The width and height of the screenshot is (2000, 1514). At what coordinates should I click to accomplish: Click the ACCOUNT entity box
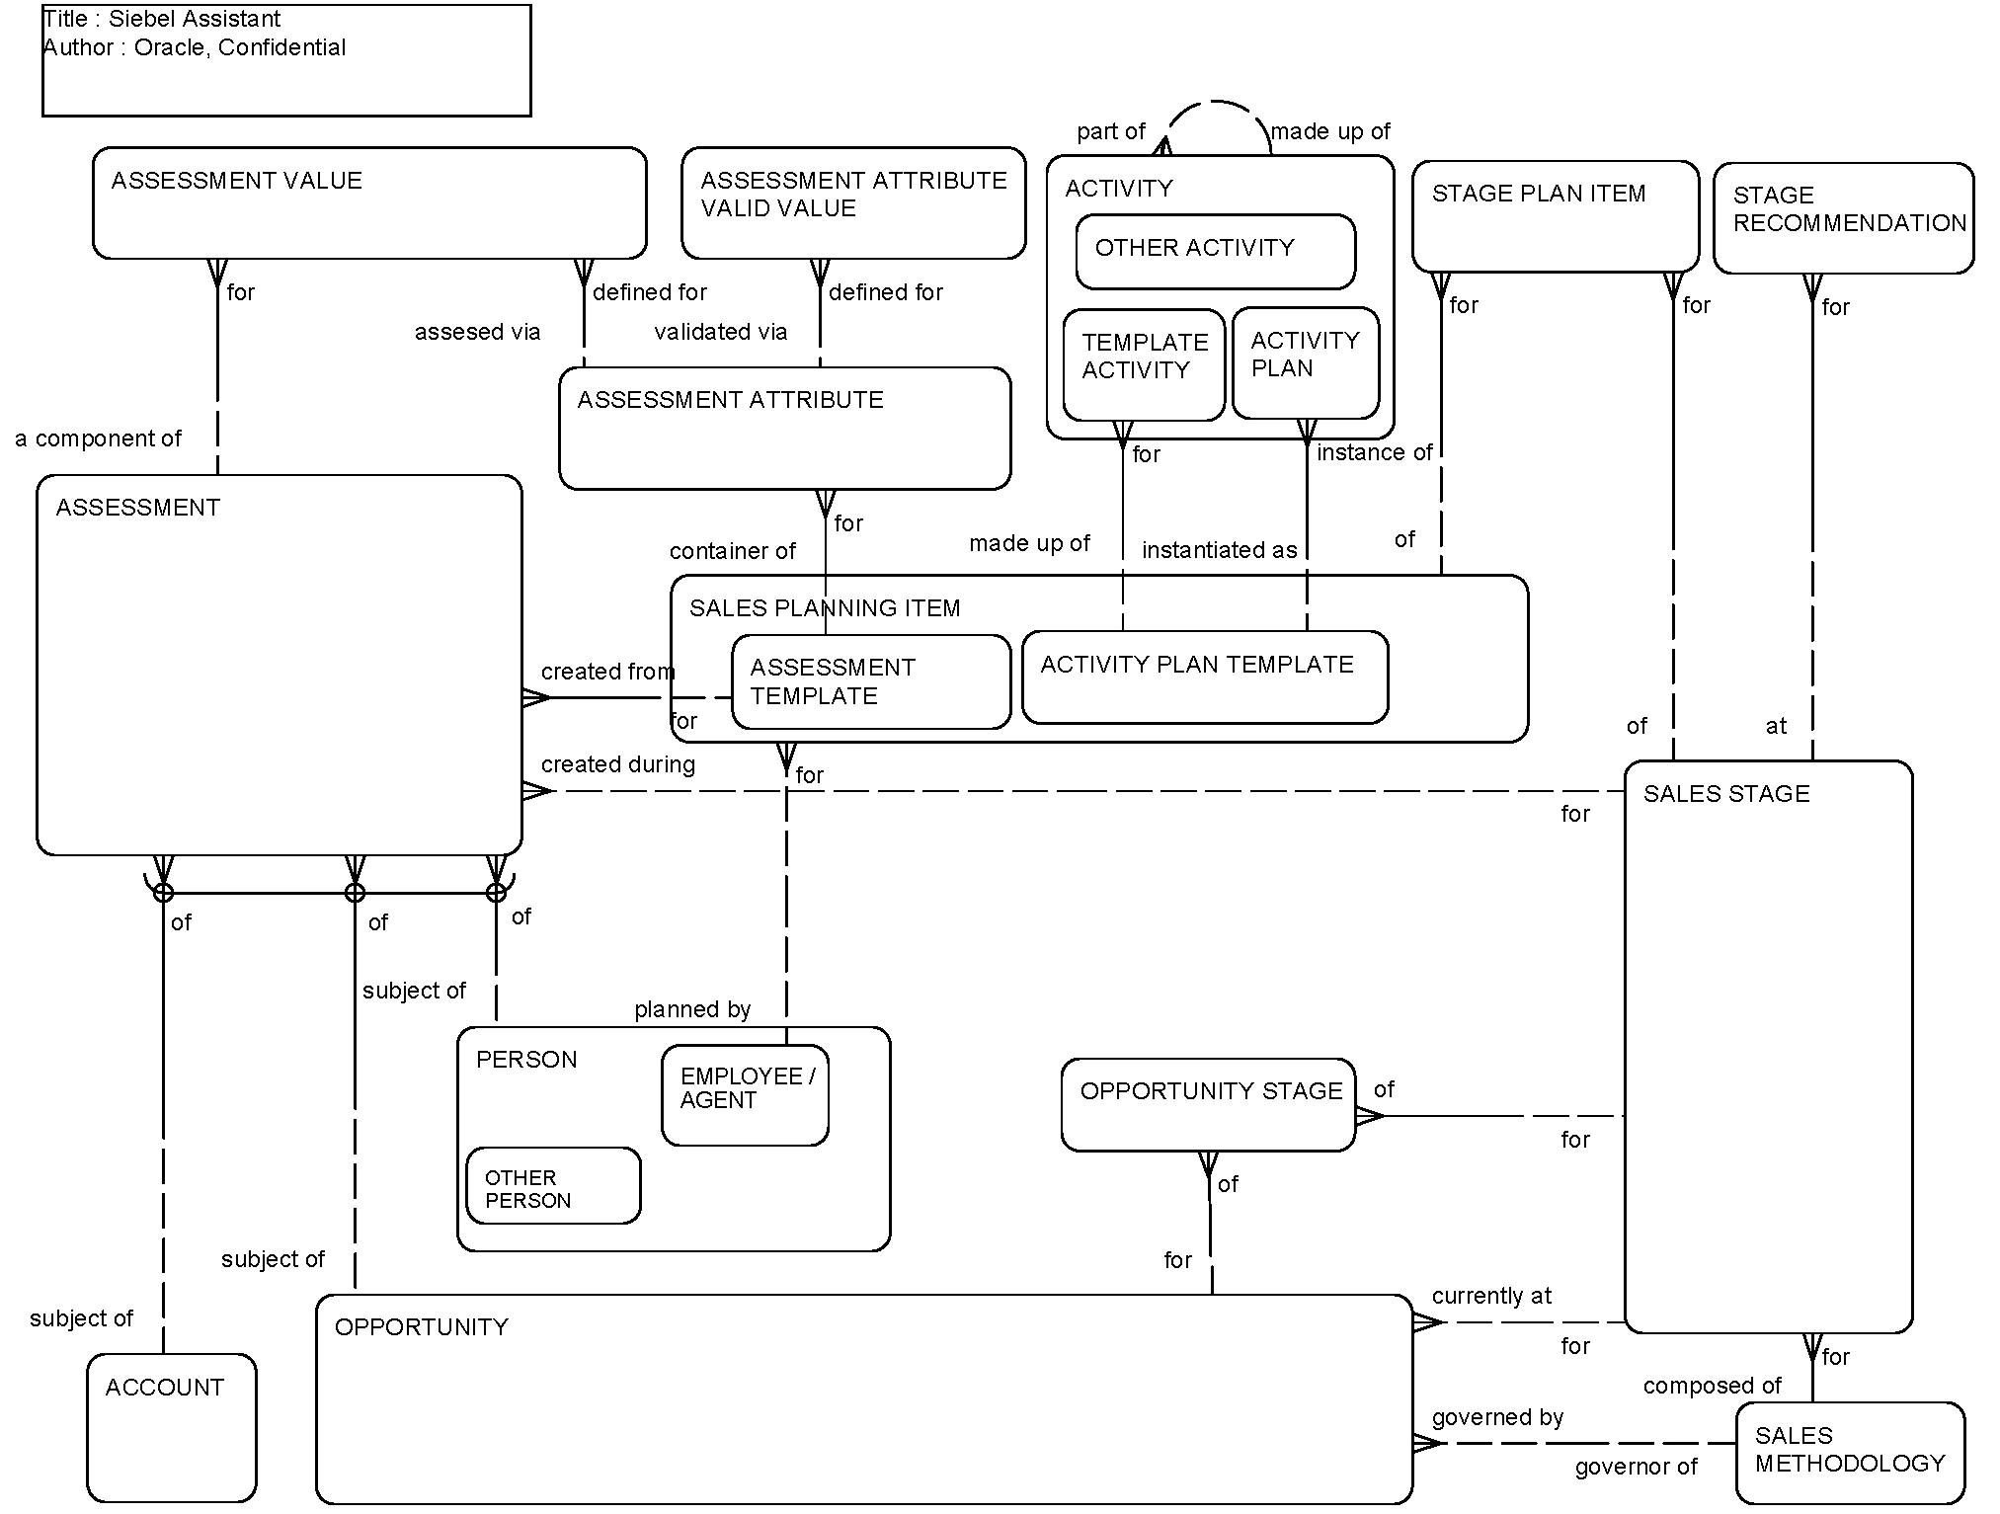click(x=171, y=1427)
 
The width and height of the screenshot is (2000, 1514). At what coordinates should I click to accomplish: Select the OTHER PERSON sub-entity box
click(x=552, y=1186)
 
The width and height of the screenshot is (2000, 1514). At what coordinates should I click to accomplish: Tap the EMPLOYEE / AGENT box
click(x=745, y=1095)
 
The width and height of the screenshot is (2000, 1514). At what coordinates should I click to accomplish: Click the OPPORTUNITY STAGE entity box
click(x=1207, y=1105)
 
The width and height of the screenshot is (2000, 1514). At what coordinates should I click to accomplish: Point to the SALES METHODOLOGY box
click(x=1849, y=1452)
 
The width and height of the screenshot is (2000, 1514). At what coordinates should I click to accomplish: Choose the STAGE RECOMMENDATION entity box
click(x=1843, y=219)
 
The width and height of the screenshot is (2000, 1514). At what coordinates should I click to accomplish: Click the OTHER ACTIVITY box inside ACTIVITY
click(x=1215, y=252)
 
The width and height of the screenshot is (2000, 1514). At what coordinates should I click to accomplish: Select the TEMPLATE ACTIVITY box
click(x=1144, y=364)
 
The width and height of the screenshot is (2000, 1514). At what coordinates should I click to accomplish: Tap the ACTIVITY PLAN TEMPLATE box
click(x=1204, y=677)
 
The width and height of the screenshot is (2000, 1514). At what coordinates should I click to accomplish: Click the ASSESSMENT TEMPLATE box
click(x=870, y=682)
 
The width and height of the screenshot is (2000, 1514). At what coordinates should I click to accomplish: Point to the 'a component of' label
click(x=98, y=438)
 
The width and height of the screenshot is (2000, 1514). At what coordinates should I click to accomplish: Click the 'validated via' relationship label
click(x=720, y=332)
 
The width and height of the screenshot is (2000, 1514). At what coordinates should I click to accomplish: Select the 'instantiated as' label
click(x=1219, y=550)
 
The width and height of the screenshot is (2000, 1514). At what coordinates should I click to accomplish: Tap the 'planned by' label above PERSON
click(x=692, y=1009)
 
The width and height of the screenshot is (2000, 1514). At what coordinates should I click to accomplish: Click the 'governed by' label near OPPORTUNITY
click(x=1497, y=1417)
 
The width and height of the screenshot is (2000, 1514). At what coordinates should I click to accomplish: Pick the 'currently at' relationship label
click(x=1491, y=1296)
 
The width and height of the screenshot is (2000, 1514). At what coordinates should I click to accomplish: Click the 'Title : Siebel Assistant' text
click(x=162, y=19)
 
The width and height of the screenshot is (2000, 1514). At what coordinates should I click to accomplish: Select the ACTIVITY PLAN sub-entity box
click(x=1305, y=363)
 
